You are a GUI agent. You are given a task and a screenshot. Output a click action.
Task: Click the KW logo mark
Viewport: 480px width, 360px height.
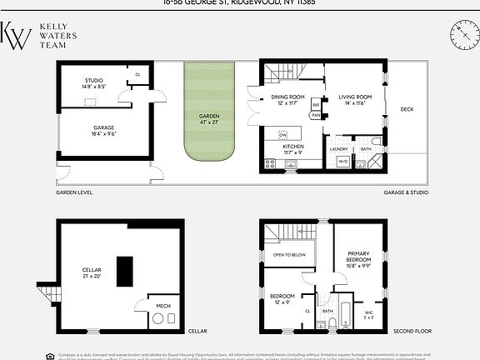coord(16,37)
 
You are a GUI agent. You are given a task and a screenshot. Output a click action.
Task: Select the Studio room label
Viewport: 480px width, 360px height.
coord(93,82)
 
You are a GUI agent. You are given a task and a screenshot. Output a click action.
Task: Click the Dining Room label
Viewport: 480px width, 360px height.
coord(288,99)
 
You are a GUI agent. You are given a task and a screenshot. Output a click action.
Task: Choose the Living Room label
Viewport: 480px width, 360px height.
coord(357,99)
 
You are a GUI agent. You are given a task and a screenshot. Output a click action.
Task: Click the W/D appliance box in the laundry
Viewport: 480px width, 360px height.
coord(342,162)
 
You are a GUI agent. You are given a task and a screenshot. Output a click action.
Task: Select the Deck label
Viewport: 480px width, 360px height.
coord(407,109)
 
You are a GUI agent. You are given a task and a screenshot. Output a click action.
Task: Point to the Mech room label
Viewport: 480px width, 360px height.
coord(163,306)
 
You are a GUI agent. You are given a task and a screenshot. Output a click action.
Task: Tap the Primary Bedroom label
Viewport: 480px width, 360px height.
coord(357,262)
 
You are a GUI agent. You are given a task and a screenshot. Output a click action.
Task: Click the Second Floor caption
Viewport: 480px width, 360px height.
coord(411,330)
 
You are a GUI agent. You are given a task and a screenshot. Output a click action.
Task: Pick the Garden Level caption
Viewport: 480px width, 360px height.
coord(73,192)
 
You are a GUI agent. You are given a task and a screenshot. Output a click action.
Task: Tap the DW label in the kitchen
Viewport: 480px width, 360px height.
coord(282,135)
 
